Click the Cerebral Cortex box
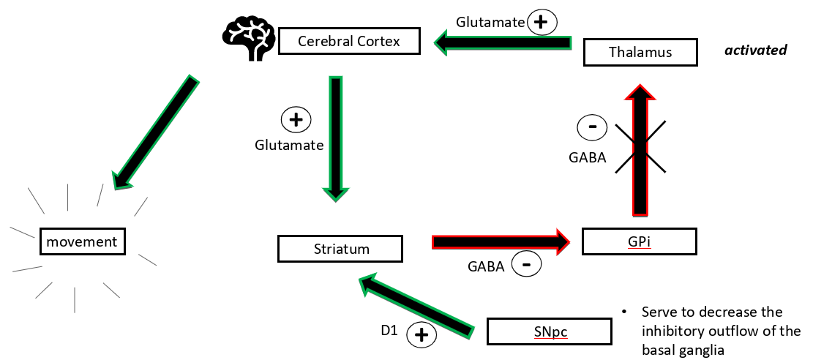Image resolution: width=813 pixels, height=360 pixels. (x=349, y=41)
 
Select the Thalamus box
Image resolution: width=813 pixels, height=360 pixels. (x=640, y=52)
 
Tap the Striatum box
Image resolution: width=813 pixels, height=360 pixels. (x=340, y=249)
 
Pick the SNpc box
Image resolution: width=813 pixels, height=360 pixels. (x=549, y=331)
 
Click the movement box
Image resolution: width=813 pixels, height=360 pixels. (x=82, y=241)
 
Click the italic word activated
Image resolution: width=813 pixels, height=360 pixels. (x=755, y=50)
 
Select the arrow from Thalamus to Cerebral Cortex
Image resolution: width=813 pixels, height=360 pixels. (x=505, y=43)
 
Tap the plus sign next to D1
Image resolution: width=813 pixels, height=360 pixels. (x=422, y=336)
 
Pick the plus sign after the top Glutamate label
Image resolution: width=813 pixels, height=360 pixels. (x=541, y=23)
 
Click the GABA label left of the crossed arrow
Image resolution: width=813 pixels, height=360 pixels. (x=587, y=157)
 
